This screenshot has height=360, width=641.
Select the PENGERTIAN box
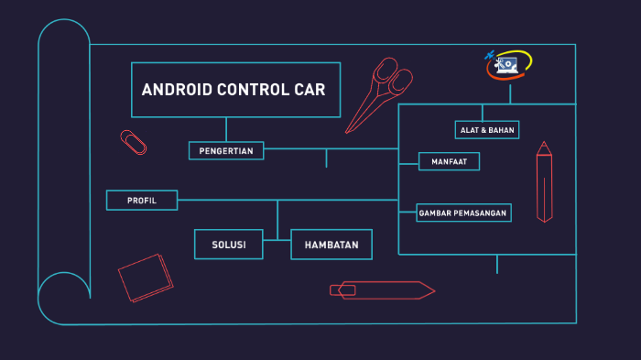[226, 151]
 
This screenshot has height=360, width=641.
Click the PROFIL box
[142, 200]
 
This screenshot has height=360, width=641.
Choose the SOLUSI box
[228, 245]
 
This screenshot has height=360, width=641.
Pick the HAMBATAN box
[331, 245]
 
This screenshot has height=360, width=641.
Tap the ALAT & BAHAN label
[487, 130]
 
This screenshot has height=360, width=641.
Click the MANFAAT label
[449, 162]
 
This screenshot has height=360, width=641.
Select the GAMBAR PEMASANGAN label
[463, 213]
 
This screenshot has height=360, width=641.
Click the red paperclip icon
[134, 142]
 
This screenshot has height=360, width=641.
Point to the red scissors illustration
[381, 91]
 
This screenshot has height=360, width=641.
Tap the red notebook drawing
[146, 278]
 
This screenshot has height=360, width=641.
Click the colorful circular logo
[508, 64]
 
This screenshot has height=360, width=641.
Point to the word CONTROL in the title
[250, 90]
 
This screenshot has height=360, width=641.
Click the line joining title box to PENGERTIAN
[226, 129]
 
